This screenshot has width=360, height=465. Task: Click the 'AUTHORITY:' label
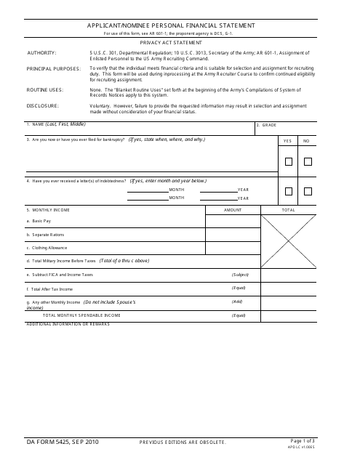coord(41,53)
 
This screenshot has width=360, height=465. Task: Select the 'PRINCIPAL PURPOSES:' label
coord(54,68)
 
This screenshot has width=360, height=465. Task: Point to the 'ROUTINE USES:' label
coord(45,89)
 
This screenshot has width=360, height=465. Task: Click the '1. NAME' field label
coord(51,125)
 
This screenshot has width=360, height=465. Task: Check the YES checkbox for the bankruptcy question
coord(288,161)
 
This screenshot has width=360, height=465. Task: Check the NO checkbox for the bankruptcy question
coord(307,161)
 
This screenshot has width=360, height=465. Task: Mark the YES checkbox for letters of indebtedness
coord(288,192)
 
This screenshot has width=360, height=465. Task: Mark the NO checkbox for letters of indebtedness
coord(307,192)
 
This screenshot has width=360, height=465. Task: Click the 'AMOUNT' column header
coord(233,210)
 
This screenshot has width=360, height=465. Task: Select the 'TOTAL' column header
coord(289,210)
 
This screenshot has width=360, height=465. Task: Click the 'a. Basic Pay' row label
coord(39,220)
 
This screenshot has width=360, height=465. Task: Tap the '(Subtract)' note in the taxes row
coord(240,275)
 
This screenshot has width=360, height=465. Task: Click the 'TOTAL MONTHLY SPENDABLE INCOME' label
coord(81,315)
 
